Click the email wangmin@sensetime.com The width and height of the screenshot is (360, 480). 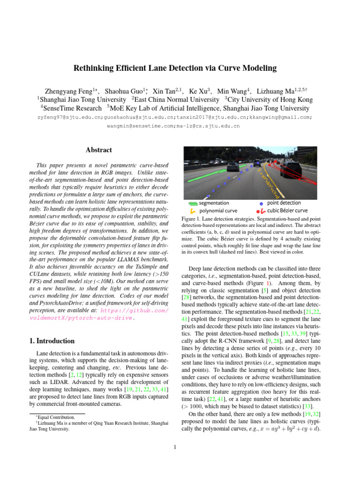[x=139, y=126]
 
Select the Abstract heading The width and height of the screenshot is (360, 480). [x=99, y=150]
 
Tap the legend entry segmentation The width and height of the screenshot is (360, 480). [x=214, y=203]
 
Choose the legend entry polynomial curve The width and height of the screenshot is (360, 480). [x=218, y=210]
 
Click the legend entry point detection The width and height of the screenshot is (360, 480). [x=284, y=203]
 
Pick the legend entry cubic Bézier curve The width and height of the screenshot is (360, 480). [x=287, y=210]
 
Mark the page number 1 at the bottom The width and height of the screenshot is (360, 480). [x=174, y=446]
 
